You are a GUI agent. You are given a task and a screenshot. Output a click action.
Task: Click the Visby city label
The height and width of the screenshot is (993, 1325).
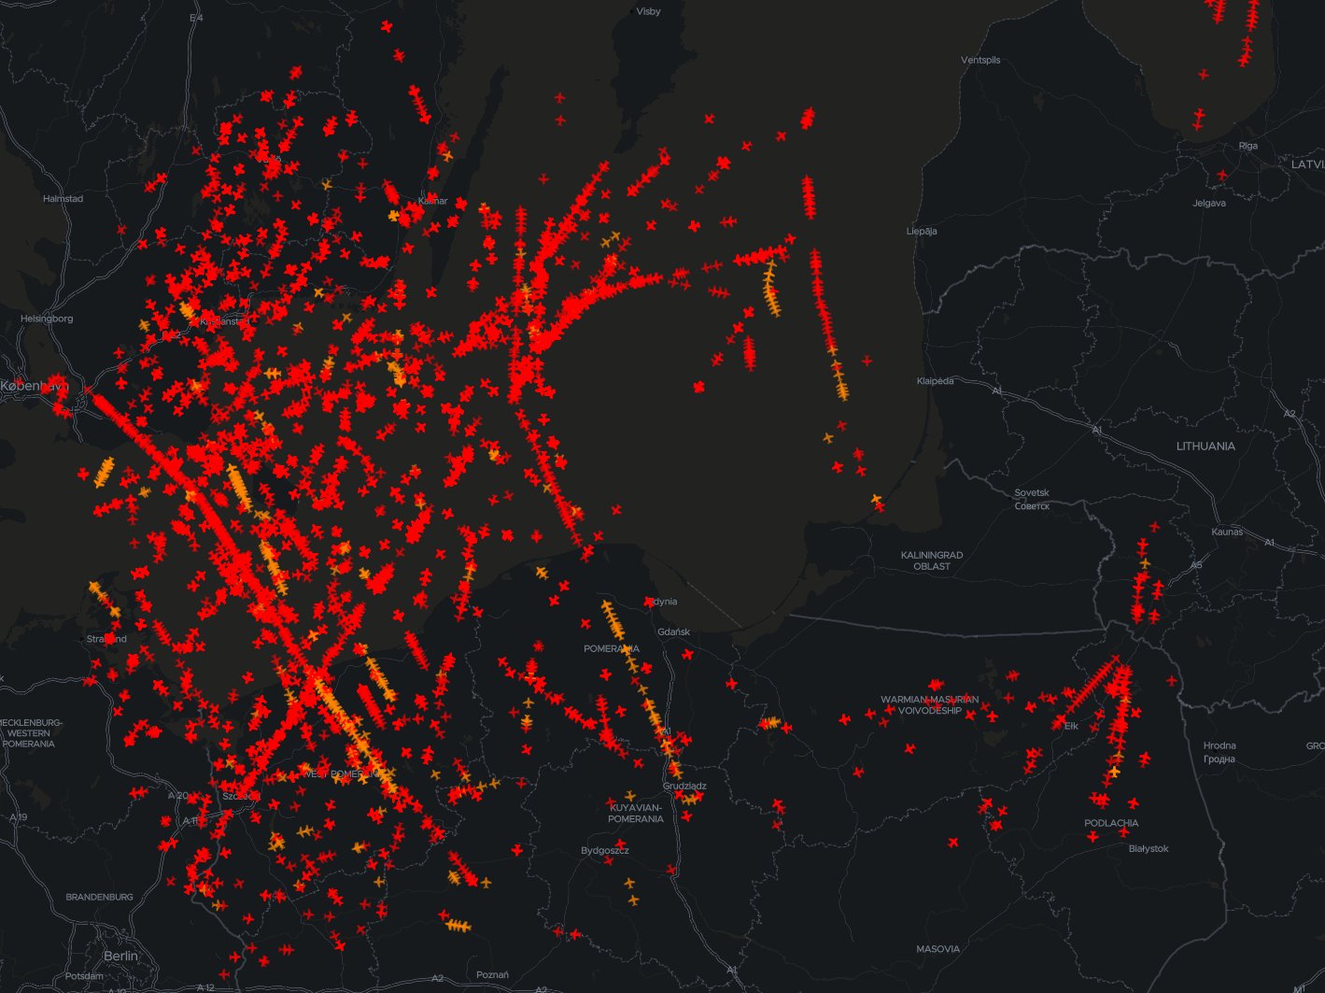[x=648, y=11]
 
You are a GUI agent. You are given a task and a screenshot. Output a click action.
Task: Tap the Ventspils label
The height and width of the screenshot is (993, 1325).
[x=980, y=60]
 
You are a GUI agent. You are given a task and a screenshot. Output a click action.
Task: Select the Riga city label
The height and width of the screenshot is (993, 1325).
[x=1247, y=146]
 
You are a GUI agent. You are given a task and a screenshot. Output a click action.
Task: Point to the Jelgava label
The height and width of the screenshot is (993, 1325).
[x=1209, y=203]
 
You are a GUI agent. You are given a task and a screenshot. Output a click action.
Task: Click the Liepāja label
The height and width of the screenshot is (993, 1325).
[x=922, y=231]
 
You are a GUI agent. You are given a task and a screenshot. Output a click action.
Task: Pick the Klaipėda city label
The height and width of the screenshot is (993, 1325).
[x=935, y=381]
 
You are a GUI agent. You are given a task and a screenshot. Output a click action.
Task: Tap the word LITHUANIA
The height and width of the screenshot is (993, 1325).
[x=1205, y=446]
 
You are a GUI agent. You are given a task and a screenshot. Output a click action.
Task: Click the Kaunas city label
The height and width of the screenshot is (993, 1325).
[x=1227, y=532]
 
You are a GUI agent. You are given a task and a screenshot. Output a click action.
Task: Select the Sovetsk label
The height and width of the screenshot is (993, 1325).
[x=1032, y=492]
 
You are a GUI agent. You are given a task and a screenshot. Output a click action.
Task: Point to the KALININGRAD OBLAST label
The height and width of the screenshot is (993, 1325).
[x=932, y=560]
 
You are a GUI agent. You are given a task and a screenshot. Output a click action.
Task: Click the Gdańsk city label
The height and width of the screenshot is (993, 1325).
[x=673, y=631]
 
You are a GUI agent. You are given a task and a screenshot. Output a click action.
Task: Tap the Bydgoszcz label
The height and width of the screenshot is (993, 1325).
[x=605, y=850]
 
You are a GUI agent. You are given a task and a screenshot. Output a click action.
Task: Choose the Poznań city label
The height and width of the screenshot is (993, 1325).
[x=492, y=974]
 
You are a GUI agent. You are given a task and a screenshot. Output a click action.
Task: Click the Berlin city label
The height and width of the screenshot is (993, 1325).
[x=120, y=956]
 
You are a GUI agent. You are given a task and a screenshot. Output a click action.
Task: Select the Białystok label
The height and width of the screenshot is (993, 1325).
[x=1149, y=848]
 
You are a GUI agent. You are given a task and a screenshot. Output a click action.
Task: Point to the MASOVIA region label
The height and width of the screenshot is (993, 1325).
[x=937, y=949]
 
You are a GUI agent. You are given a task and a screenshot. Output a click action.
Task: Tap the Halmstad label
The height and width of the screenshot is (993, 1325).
[x=63, y=199]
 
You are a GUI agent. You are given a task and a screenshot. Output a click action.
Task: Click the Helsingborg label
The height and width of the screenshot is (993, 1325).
[x=47, y=319]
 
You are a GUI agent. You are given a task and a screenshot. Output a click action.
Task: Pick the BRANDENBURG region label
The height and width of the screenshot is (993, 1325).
[x=99, y=897]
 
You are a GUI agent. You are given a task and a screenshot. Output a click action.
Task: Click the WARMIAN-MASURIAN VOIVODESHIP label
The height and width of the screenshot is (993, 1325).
[x=929, y=704]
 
